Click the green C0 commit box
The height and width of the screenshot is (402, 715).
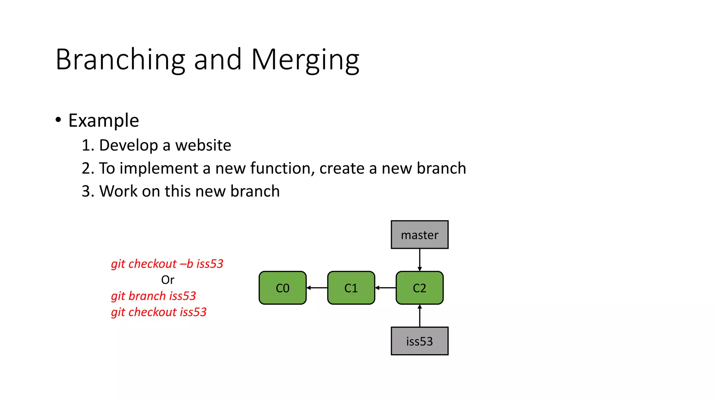coord(282,288)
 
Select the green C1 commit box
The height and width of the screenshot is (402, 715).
coord(351,288)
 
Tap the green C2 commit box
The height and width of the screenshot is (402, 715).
coord(419,288)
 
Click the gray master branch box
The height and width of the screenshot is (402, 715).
coord(419,235)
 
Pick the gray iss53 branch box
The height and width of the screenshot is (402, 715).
coord(419,341)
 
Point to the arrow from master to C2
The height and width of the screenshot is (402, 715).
coord(420,260)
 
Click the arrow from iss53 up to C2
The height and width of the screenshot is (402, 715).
coord(420,315)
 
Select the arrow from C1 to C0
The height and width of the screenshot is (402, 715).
coord(317,288)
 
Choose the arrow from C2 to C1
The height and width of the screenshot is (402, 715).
coord(385,288)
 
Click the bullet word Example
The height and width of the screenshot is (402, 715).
coord(104,121)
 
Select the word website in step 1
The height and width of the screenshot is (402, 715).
coord(203,145)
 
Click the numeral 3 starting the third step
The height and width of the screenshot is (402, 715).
coord(86,191)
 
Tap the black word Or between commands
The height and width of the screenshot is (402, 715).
coord(168,280)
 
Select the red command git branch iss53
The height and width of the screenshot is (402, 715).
coord(153,296)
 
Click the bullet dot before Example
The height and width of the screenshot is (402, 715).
coord(58,120)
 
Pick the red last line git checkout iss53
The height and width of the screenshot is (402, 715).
coord(159,312)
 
